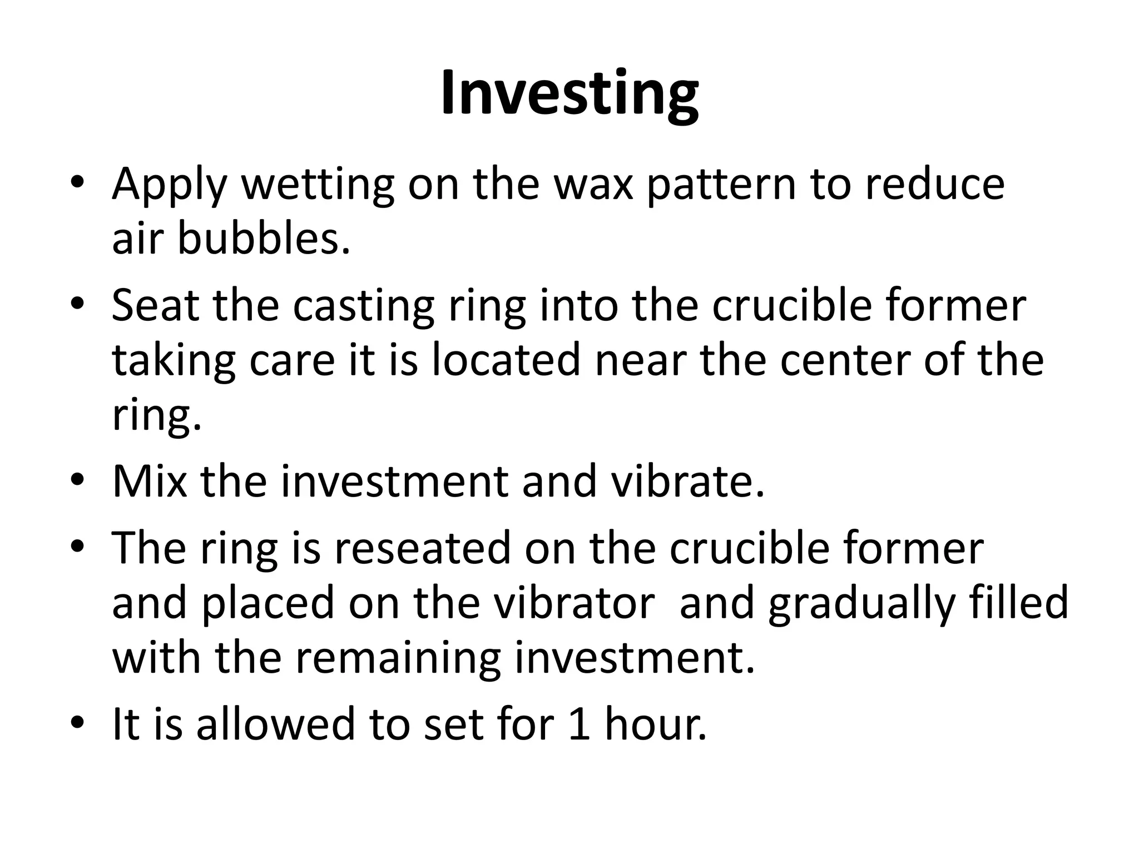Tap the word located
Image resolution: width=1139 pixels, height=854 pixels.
click(x=506, y=360)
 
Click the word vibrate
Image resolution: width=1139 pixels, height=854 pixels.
click(x=687, y=481)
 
